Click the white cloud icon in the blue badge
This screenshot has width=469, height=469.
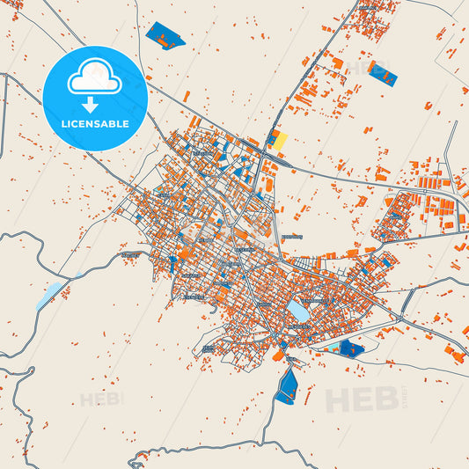(x=94, y=78)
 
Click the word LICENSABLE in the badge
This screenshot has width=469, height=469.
(x=94, y=124)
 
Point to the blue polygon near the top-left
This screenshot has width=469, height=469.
(x=165, y=35)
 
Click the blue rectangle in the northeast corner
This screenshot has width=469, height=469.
(x=383, y=74)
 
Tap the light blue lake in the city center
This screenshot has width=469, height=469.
(x=297, y=311)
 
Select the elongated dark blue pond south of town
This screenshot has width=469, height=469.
(x=287, y=385)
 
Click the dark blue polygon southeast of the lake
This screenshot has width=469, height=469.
(x=351, y=348)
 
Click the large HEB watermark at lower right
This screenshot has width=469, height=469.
(x=361, y=399)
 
